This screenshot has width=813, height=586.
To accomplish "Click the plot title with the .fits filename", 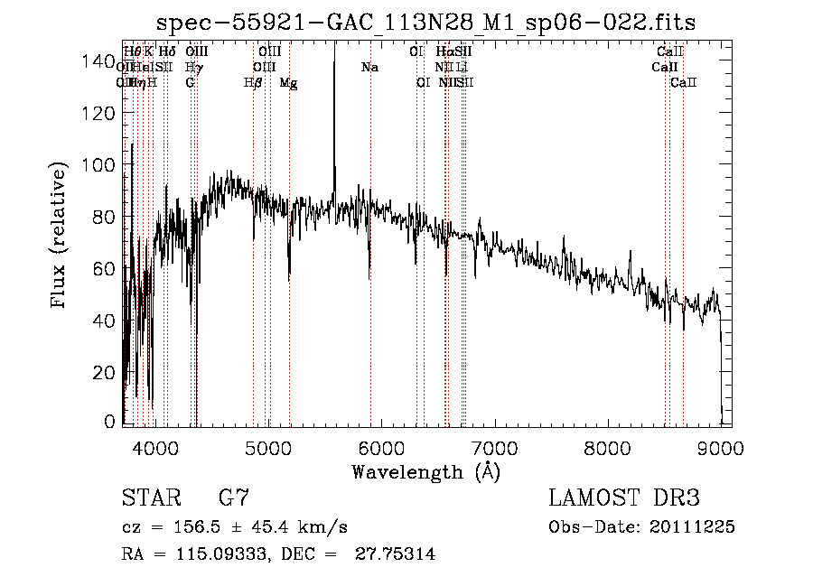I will [x=425, y=23].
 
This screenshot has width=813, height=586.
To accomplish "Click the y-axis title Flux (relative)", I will [x=61, y=237].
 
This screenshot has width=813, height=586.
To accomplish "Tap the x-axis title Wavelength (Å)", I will [x=425, y=471].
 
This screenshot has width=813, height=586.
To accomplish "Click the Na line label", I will [x=369, y=68].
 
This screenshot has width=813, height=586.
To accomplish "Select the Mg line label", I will [x=289, y=83].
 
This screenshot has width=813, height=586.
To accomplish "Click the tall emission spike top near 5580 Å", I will [x=334, y=43].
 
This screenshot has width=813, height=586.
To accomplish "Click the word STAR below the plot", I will [x=149, y=498].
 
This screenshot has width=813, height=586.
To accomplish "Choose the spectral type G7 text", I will [x=233, y=498].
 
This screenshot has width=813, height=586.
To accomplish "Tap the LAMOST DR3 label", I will [x=624, y=498].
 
